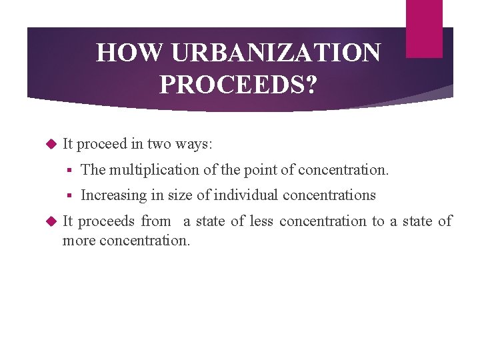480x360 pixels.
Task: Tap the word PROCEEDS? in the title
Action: [x=238, y=85]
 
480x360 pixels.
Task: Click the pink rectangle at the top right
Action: [x=424, y=28]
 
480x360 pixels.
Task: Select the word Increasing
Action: [x=110, y=195]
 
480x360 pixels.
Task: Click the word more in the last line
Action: [x=79, y=240]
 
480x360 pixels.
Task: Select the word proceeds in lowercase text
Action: [x=107, y=221]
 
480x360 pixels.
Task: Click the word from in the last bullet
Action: [x=156, y=221]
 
